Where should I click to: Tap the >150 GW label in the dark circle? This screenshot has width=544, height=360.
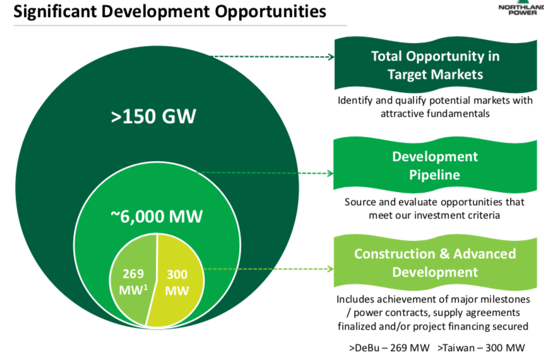pos(153,117)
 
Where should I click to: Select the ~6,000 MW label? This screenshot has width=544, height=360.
pos(157,216)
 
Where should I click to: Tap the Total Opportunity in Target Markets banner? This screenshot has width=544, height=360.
pos(435,65)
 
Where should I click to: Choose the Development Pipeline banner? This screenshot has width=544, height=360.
pos(435,165)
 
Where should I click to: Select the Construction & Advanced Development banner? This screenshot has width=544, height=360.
pos(435,263)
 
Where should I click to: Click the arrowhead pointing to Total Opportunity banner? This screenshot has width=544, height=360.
pos(331,56)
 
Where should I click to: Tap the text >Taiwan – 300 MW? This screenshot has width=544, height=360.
pos(480,348)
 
